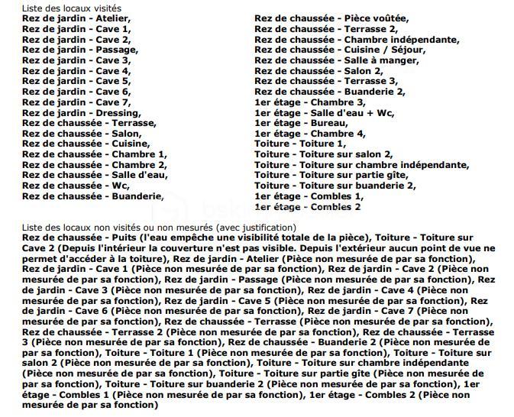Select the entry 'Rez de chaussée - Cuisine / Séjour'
pyautogui.click(x=340, y=50)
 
